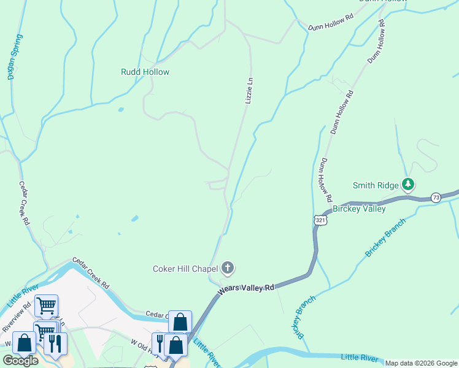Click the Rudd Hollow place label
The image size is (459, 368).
145,72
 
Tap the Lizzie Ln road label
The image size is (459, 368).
249,90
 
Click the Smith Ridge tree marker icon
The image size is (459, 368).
407,184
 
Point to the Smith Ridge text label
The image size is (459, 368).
376,185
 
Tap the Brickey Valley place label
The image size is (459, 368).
359,209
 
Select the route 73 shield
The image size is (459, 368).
436,197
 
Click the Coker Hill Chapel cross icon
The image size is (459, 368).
228,267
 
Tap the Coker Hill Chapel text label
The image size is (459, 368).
185,268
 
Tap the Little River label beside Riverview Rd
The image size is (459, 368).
23,295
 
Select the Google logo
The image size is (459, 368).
20,361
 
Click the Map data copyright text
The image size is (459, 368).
420,363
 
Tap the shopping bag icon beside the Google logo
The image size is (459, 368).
25,343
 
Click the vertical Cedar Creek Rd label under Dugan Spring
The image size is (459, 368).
25,203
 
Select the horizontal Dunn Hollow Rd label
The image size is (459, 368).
332,24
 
